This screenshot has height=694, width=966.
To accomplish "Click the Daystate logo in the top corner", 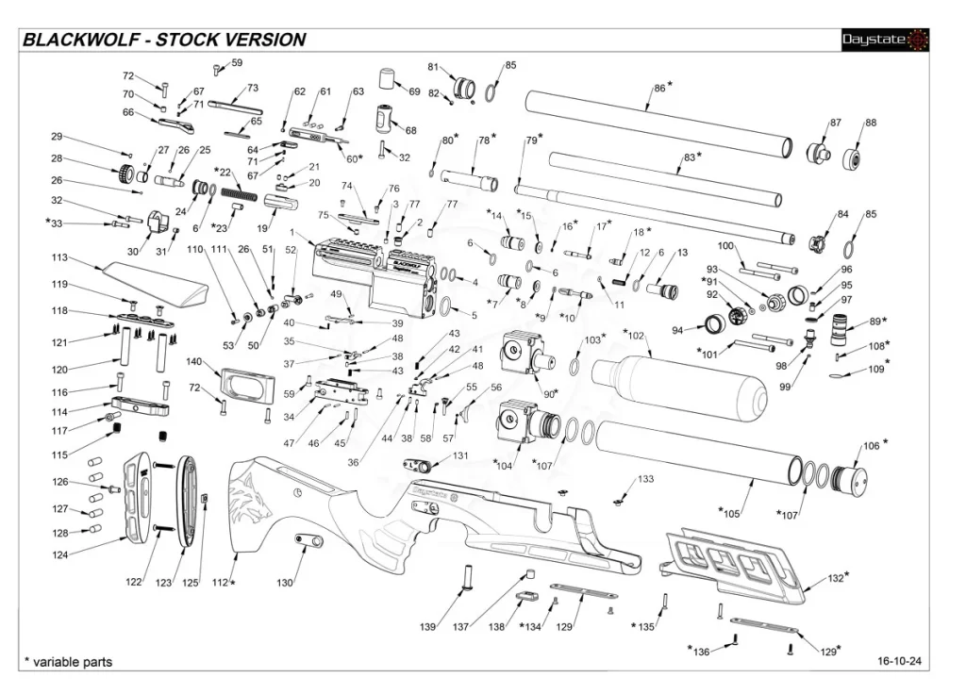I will [x=885, y=40].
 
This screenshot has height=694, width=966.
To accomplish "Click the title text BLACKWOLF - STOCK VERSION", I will [x=164, y=40].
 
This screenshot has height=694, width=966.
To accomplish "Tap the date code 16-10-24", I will [x=898, y=662].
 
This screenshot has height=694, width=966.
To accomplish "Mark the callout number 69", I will [x=414, y=91].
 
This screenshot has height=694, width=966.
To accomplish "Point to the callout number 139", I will [x=427, y=627].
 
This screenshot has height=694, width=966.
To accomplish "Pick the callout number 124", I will [x=60, y=555].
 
